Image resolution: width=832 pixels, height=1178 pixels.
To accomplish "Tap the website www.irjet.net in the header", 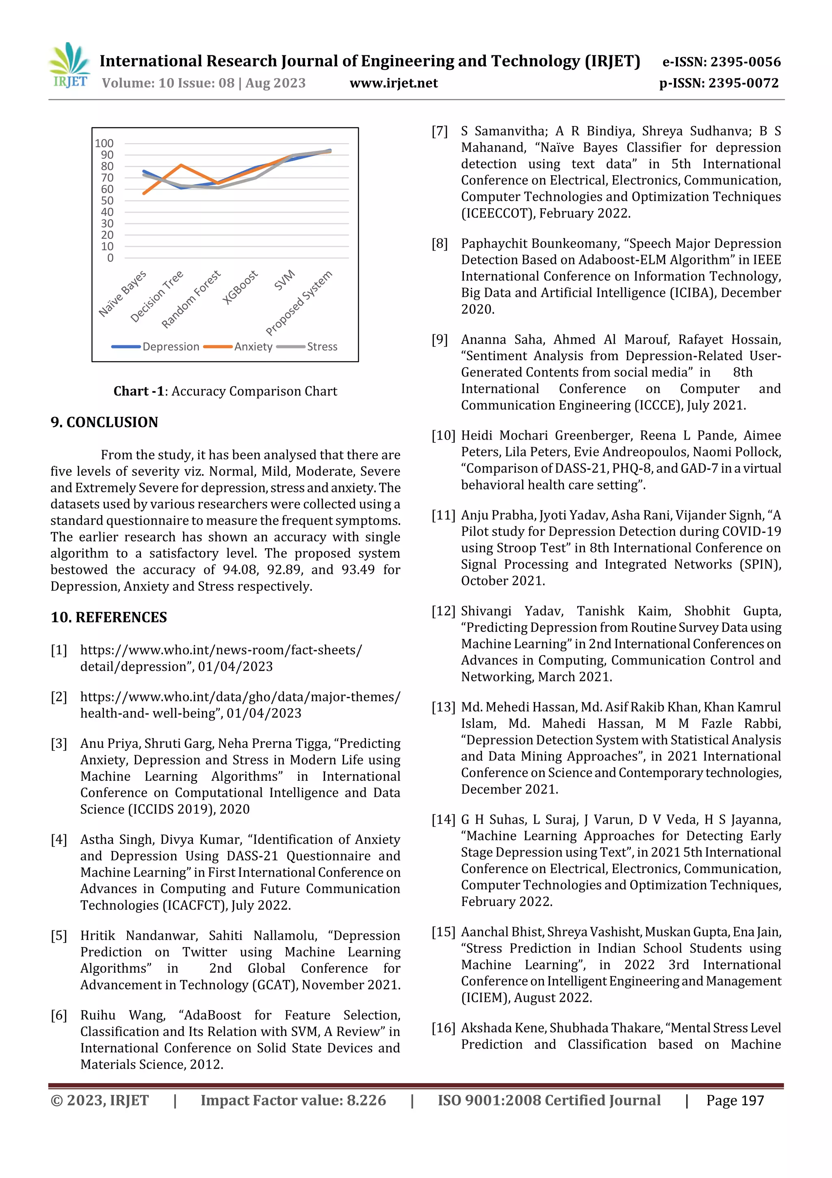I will tap(393, 83).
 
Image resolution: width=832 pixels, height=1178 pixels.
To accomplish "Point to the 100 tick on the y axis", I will tap(104, 144).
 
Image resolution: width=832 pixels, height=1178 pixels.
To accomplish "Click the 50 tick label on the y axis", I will tap(107, 200).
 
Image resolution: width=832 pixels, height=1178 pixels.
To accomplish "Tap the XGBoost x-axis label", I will tap(240, 287).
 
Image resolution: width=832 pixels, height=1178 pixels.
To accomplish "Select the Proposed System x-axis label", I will tap(299, 302).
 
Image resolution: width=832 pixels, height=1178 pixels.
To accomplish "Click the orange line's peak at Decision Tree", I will tap(181, 165).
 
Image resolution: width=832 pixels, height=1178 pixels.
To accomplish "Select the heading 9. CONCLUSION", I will tap(104, 422).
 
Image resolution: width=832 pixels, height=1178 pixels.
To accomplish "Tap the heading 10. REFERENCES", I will tap(109, 617).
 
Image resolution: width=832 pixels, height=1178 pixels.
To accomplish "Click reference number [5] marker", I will tap(59, 936).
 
